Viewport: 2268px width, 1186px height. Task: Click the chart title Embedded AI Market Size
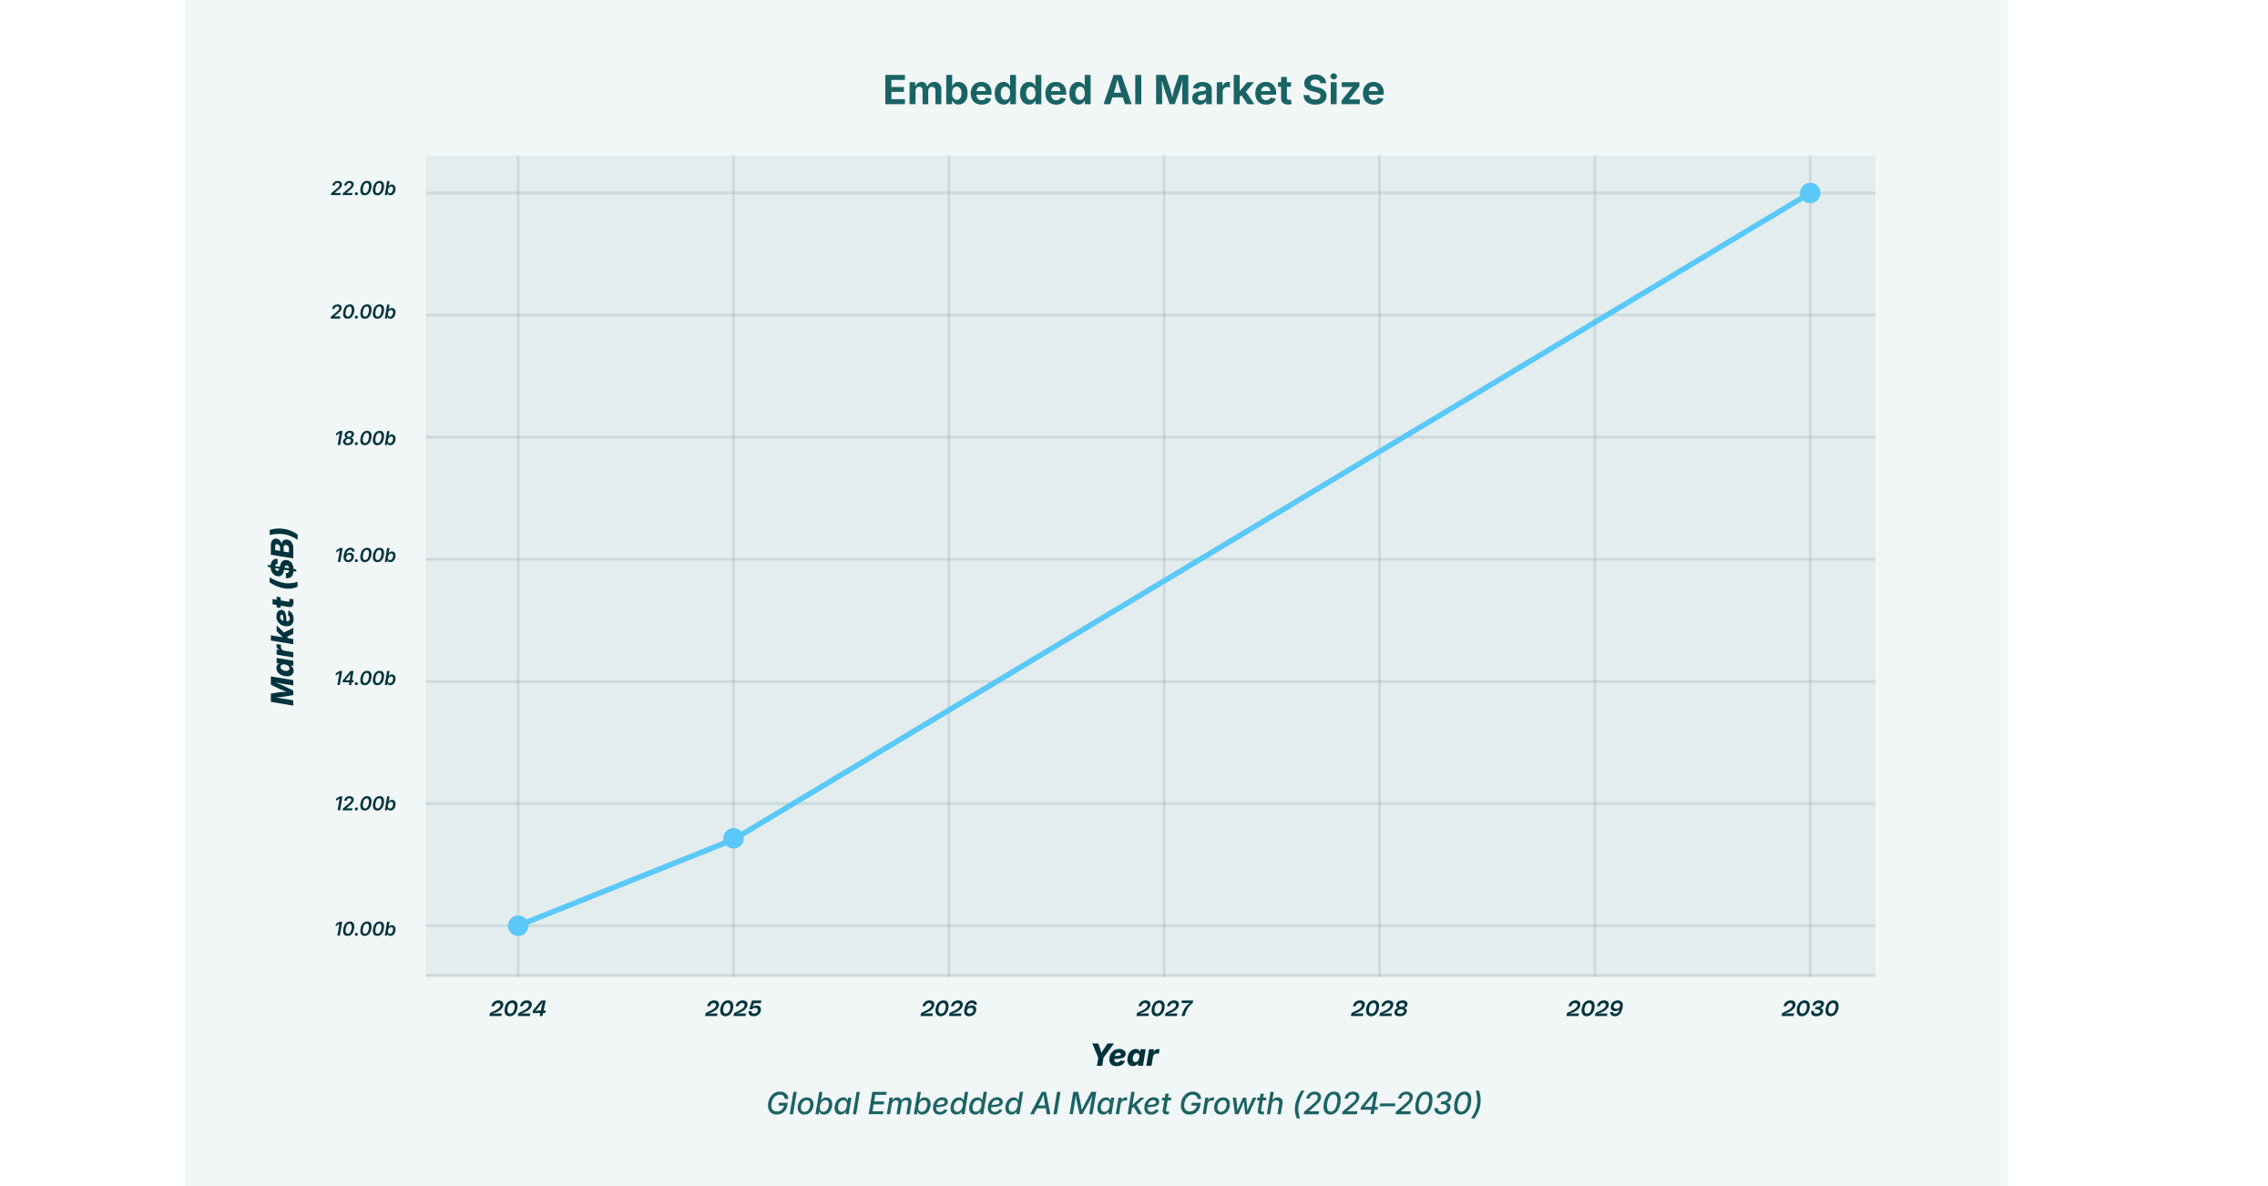(x=1133, y=91)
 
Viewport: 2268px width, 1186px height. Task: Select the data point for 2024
(x=518, y=925)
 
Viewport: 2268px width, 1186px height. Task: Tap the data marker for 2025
(x=733, y=838)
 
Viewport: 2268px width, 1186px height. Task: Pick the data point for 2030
(x=1810, y=193)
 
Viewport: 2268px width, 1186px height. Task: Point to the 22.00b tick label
(x=363, y=189)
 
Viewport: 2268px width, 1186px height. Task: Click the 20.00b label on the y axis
(x=363, y=312)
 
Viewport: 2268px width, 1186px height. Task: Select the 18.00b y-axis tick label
(x=364, y=438)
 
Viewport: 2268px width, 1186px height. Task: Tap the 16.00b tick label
(x=364, y=556)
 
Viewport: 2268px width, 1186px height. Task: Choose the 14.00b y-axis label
(x=364, y=679)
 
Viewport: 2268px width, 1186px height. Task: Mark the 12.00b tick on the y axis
(x=364, y=803)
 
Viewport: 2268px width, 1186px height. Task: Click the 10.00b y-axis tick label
(x=364, y=929)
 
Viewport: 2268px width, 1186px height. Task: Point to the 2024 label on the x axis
(x=517, y=1008)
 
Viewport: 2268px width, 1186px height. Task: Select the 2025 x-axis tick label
(x=733, y=1008)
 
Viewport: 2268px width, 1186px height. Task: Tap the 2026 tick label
(x=948, y=1008)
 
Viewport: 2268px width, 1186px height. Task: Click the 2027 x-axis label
(x=1164, y=1008)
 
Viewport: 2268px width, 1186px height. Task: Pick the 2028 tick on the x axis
(x=1379, y=1008)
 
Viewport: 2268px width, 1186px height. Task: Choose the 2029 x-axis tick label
(x=1594, y=1008)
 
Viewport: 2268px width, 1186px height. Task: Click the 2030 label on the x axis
(x=1810, y=1008)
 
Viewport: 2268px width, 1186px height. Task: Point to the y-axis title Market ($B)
(x=284, y=616)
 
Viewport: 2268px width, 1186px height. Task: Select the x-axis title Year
(x=1125, y=1056)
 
